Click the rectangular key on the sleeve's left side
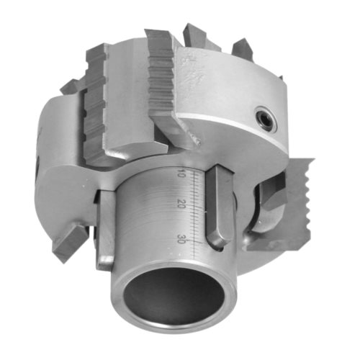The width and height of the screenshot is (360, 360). (105, 230)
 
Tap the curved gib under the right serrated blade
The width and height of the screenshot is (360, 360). (270, 209)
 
